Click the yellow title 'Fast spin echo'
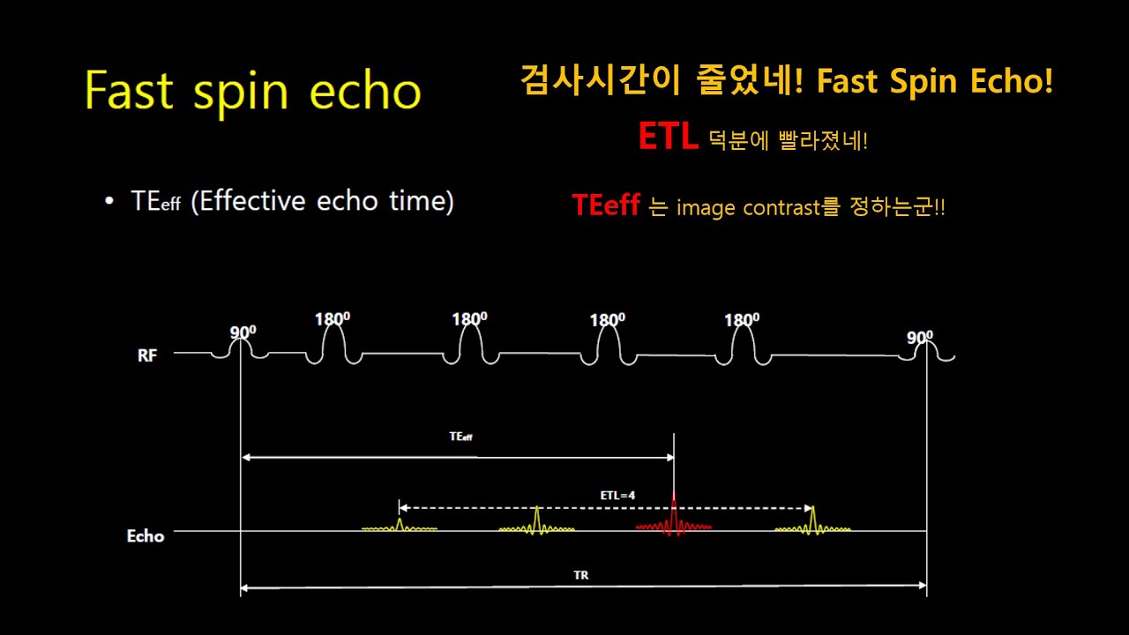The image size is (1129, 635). [253, 92]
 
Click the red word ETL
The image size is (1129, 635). [668, 138]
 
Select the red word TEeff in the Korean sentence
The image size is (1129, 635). [605, 206]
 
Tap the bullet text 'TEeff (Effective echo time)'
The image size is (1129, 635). [292, 201]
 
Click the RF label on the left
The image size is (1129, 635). [148, 356]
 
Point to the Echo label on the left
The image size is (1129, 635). [146, 535]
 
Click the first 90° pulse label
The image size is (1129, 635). [243, 332]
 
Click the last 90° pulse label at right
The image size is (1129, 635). [920, 336]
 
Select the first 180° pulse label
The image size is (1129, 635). [333, 318]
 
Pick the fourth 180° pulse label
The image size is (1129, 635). [742, 320]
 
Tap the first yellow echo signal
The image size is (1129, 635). [400, 527]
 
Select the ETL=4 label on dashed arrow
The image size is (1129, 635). [617, 496]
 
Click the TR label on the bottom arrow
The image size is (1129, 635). [580, 575]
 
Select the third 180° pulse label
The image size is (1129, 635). [608, 320]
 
